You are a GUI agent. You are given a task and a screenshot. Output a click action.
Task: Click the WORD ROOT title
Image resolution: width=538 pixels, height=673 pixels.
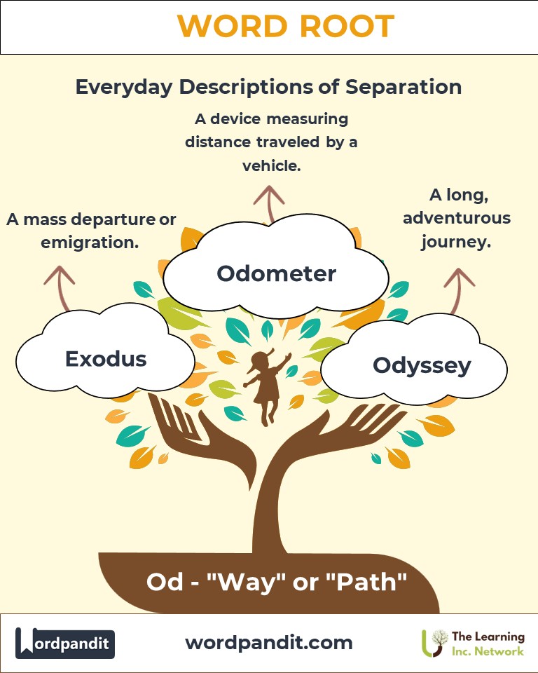(x=285, y=26)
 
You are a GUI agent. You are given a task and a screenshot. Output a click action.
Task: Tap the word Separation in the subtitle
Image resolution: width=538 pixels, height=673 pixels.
(x=403, y=87)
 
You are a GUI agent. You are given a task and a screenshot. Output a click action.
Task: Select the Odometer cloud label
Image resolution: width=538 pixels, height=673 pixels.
(x=276, y=273)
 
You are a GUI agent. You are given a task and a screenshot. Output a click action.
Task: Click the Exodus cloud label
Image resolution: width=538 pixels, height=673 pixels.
(x=106, y=359)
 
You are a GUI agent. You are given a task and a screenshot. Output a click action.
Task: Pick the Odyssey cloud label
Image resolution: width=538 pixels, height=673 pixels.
(x=422, y=366)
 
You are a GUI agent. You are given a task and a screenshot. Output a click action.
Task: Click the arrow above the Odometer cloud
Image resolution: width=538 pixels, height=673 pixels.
(x=269, y=204)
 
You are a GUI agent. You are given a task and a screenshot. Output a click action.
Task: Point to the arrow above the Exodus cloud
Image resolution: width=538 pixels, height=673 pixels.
(x=60, y=288)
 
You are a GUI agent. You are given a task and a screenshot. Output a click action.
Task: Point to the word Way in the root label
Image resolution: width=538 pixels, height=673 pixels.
(x=247, y=583)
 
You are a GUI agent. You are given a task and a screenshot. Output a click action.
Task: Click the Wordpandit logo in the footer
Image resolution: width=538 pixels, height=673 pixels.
(x=65, y=643)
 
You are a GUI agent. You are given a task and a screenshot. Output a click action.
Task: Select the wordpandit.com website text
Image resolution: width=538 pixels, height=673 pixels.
(x=269, y=643)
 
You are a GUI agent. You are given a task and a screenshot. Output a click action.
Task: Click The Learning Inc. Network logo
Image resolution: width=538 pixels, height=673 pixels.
(x=473, y=644)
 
